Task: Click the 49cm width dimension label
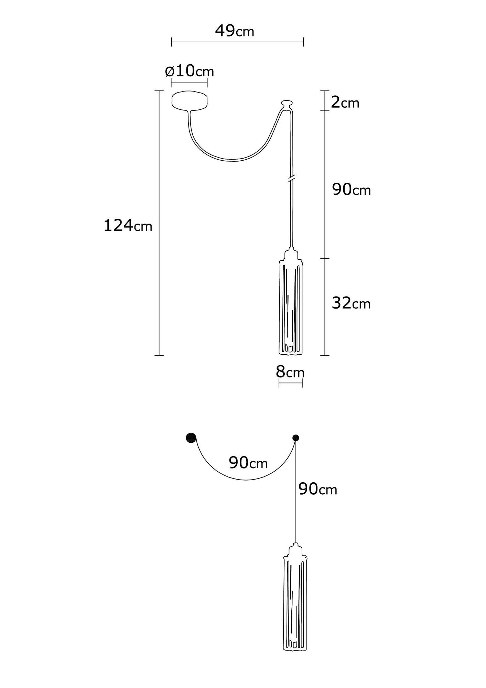[235, 31]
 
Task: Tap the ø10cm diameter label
[189, 71]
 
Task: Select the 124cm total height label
[128, 226]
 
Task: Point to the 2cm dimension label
[345, 103]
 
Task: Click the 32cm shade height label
[351, 303]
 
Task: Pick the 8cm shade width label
[290, 372]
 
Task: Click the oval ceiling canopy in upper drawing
[190, 100]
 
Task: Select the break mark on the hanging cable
[291, 179]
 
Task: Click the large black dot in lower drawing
[191, 438]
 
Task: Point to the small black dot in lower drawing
[295, 438]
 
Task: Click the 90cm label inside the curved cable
[248, 463]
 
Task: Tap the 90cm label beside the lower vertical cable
[317, 489]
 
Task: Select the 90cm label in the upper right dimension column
[351, 190]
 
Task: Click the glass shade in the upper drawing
[291, 308]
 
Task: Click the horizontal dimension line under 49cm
[237, 42]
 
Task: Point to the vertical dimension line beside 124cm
[159, 275]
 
